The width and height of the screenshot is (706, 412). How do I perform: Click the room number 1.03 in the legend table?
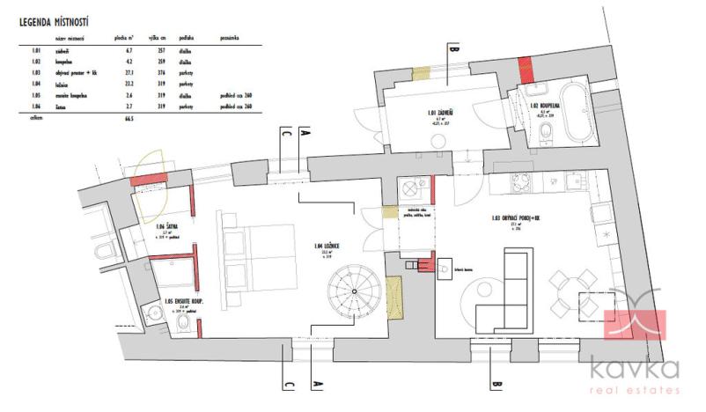[35, 72]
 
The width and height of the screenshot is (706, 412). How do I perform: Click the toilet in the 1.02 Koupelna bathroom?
[547, 132]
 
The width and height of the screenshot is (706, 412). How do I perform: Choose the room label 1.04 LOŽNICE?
[320, 246]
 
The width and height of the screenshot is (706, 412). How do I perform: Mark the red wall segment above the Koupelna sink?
[526, 66]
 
